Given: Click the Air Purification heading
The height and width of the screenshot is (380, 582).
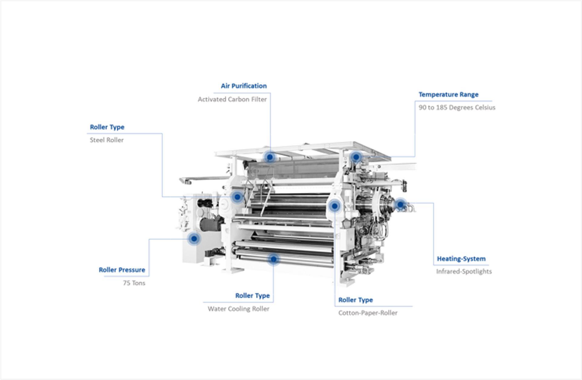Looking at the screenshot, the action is tap(244, 86).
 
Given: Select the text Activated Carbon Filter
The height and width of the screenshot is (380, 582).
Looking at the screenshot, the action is tap(232, 99).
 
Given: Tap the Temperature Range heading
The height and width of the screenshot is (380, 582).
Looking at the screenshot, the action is tap(448, 94).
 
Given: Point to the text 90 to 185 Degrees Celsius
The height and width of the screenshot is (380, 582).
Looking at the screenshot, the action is tap(457, 107).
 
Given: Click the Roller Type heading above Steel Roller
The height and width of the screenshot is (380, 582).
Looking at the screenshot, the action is tap(107, 127).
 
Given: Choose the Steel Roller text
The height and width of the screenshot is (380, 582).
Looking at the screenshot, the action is tap(107, 140).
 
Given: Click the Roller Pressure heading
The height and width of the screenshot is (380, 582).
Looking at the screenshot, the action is tap(122, 270).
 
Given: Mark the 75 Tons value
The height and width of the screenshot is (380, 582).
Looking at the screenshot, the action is tap(134, 283).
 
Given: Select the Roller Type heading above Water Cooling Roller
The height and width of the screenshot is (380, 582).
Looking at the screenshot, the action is tap(253, 296).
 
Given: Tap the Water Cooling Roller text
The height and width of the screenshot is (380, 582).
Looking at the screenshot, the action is tap(238, 309).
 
